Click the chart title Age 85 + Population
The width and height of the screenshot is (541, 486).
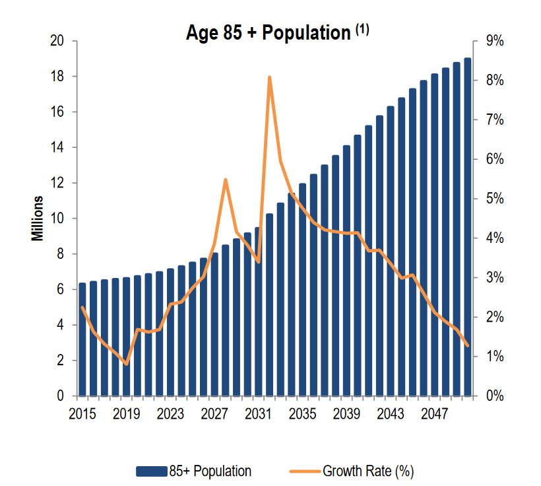click(x=268, y=34)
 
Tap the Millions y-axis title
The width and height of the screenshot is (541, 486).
click(x=38, y=219)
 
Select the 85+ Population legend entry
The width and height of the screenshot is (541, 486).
click(x=194, y=471)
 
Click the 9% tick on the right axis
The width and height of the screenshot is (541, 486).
click(x=494, y=41)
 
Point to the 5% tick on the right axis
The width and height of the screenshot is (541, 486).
click(x=494, y=199)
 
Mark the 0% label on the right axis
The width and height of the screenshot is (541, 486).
click(x=494, y=396)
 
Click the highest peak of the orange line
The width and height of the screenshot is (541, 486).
click(x=269, y=77)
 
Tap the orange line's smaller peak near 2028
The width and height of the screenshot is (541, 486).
click(x=226, y=180)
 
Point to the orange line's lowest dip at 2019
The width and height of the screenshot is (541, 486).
click(x=127, y=364)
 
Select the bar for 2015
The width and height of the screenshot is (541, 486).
click(x=82, y=339)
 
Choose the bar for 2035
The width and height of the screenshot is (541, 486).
click(x=302, y=290)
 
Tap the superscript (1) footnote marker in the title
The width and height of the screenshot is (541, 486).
click(x=362, y=28)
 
